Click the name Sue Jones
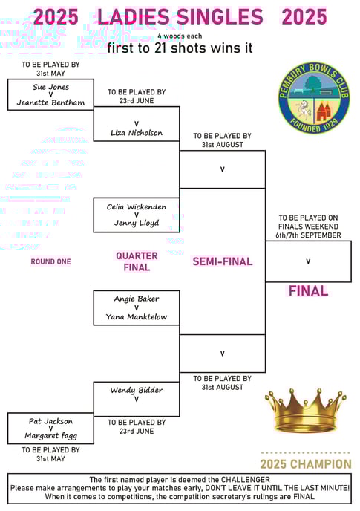[x=50, y=87]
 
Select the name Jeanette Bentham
[x=50, y=102]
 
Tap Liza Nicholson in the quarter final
[x=137, y=133]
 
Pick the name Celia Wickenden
[x=137, y=206]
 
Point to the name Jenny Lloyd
[x=137, y=223]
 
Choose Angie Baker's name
[x=137, y=299]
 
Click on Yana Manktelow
[x=137, y=316]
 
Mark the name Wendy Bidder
[x=137, y=390]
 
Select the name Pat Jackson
[x=50, y=421]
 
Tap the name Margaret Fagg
[x=50, y=436]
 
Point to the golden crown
[x=306, y=410]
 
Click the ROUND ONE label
[x=50, y=261]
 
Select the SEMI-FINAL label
[x=223, y=261]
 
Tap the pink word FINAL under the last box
[x=308, y=291]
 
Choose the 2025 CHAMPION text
[x=306, y=464]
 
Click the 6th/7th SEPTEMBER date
[x=308, y=235]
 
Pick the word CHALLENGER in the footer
[x=246, y=480]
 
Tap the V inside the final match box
[x=308, y=261]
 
